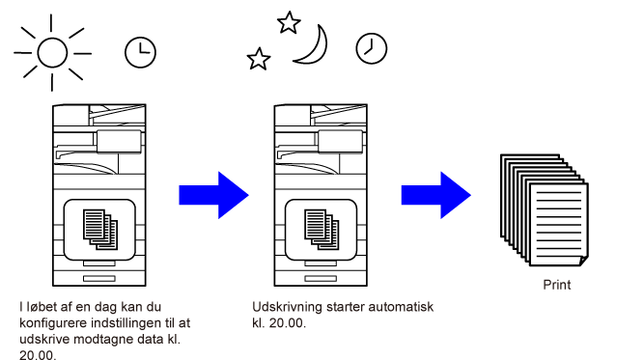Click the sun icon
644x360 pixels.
pos(52,52)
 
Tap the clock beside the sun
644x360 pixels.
pos(140,52)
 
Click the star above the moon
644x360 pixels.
pos(289,22)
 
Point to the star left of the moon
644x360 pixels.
pos(259,59)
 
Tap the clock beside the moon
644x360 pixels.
pos(372,49)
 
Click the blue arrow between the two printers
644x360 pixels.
pos(213,195)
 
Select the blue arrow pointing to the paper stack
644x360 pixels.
pos(435,195)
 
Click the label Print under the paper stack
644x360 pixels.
pos(556,285)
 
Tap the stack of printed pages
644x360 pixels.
pos(545,210)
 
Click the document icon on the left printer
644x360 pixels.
pos(100,230)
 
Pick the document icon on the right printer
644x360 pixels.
pos(322,230)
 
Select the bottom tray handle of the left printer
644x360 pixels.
pos(99,278)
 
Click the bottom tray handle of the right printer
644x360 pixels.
pos(321,278)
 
